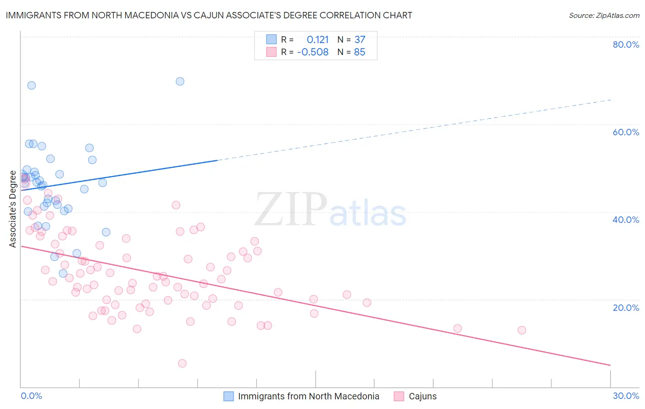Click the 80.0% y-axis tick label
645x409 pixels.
pos(626,44)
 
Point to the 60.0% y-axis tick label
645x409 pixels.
pos(626,132)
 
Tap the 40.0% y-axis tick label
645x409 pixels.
pos(626,220)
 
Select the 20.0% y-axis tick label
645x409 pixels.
pos(626,307)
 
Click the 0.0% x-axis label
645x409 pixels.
pos(31,396)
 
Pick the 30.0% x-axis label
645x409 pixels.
pos(626,396)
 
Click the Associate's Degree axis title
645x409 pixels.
pos(12,209)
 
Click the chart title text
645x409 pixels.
pos(209,15)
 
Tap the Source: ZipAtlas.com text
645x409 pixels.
pos(604,15)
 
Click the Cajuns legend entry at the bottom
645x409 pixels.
pos(422,396)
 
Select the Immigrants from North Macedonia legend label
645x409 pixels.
pos(308,396)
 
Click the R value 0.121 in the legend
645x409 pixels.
pos(317,40)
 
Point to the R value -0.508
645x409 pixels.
pos(313,52)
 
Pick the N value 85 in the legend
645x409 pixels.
pos(360,52)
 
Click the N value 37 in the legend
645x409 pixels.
pos(360,40)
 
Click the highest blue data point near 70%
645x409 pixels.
pos(180,81)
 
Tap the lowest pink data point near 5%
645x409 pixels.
pos(182,363)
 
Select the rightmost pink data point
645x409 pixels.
pos(522,330)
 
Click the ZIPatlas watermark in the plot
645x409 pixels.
pos(330,210)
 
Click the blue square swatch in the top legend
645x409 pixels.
pos(272,39)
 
